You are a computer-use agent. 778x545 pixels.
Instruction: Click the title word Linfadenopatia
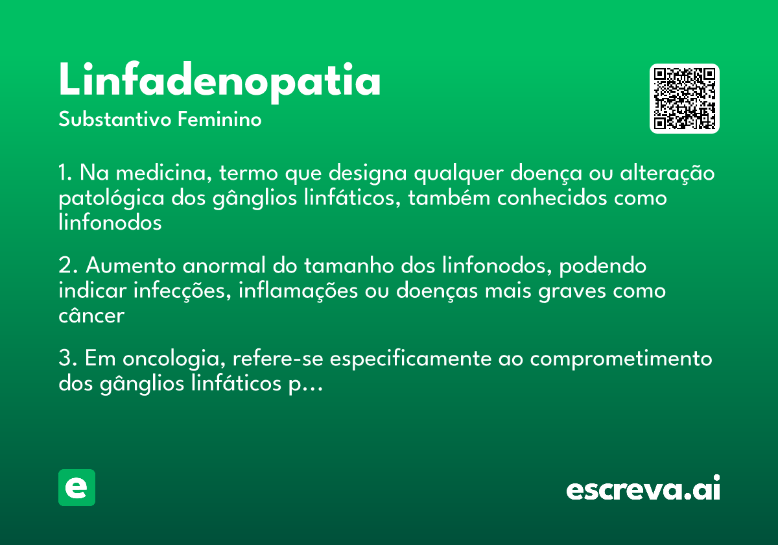click(x=220, y=82)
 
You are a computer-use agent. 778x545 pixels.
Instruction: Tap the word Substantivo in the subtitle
click(x=115, y=119)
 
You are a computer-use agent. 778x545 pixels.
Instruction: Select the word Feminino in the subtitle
click(x=220, y=119)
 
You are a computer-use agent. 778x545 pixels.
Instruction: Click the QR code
click(x=684, y=99)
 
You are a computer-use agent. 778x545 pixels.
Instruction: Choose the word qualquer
click(x=458, y=174)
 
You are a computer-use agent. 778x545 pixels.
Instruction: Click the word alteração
click(x=667, y=173)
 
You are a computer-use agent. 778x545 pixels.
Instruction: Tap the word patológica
click(x=112, y=199)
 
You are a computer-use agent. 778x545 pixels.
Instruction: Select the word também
click(x=449, y=198)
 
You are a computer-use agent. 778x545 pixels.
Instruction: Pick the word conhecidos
click(x=552, y=198)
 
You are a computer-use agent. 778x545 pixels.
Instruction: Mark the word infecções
click(x=182, y=291)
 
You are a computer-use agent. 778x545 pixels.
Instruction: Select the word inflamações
click(x=298, y=291)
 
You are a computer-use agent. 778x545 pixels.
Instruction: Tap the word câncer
click(x=91, y=315)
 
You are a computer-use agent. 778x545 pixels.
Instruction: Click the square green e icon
click(x=77, y=487)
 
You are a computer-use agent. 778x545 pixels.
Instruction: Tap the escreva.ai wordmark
click(x=643, y=487)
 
